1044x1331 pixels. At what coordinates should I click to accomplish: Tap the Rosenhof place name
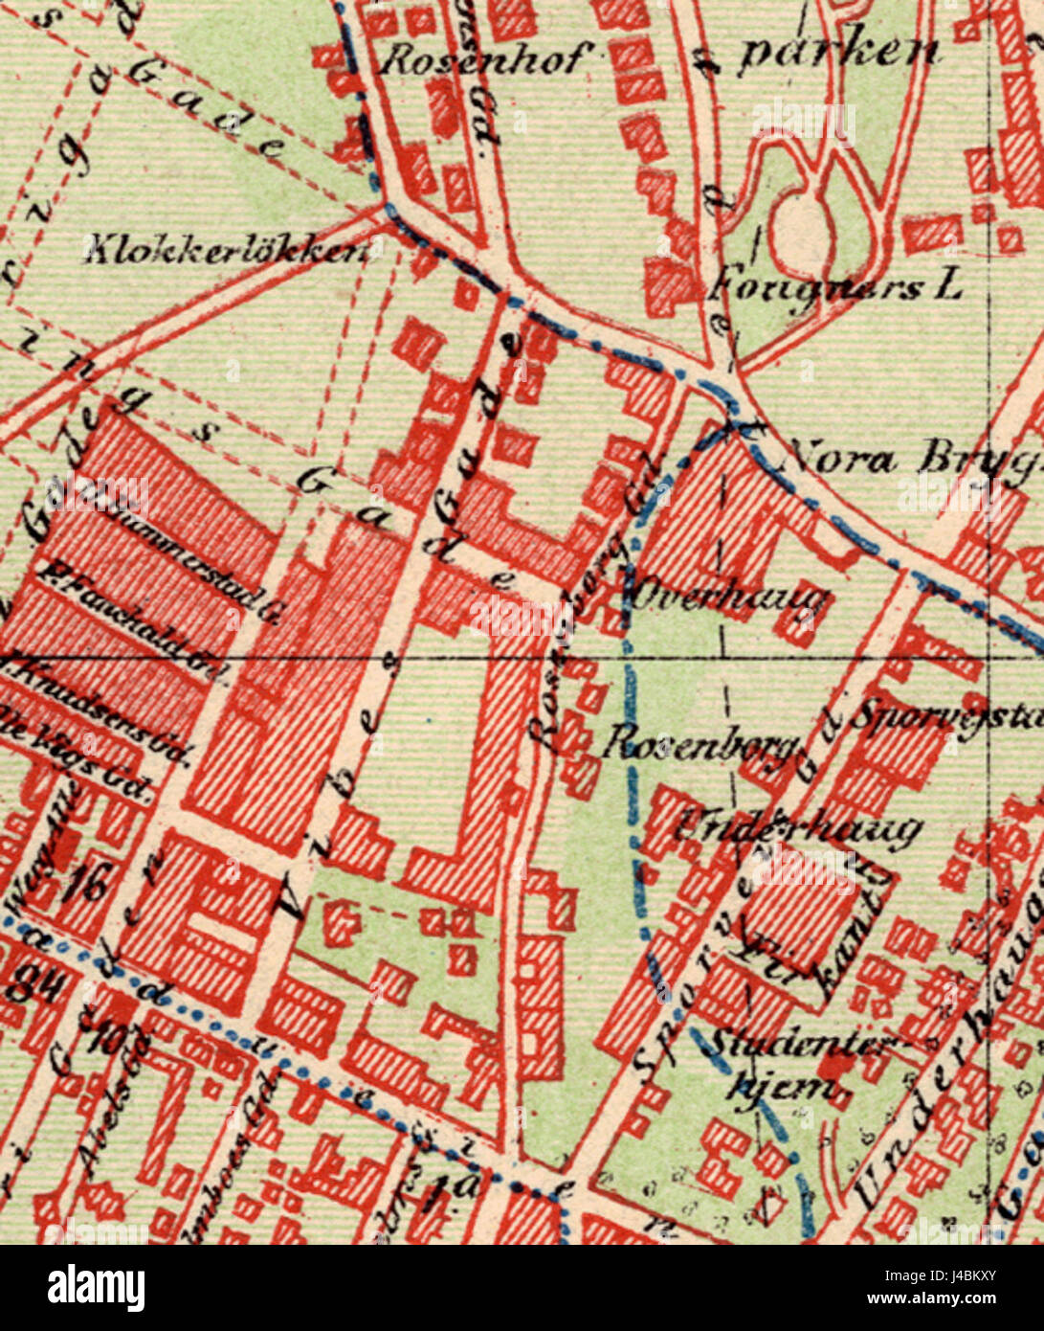(481, 60)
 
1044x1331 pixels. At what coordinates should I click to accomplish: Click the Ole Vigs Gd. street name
(77, 756)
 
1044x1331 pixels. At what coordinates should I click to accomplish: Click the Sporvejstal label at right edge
(946, 714)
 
